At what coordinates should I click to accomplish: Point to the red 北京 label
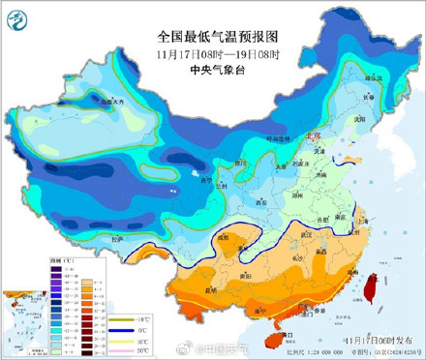pos(309,136)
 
